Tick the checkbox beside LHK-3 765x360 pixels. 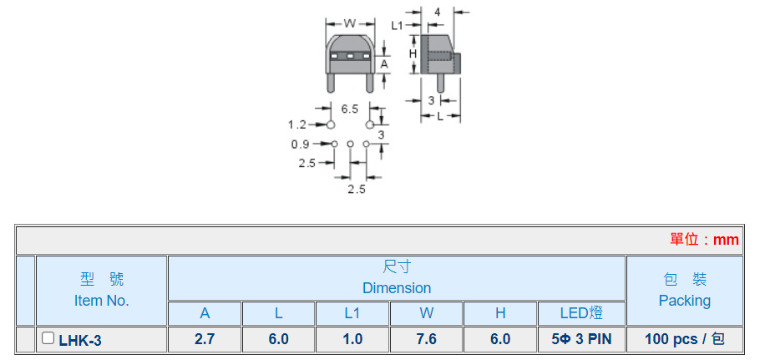click(x=48, y=338)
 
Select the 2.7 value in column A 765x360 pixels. click(x=205, y=339)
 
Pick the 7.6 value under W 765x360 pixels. click(x=426, y=339)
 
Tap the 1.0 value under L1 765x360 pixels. click(x=352, y=339)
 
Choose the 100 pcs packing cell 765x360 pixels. click(x=684, y=339)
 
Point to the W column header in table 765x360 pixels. click(x=426, y=313)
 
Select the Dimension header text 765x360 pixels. click(x=397, y=288)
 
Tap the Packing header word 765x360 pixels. click(x=684, y=301)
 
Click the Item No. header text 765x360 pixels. click(x=101, y=301)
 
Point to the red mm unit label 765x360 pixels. click(x=725, y=240)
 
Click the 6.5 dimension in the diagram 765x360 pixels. click(x=350, y=109)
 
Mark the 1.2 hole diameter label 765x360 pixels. click(x=297, y=125)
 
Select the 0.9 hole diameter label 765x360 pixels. click(x=300, y=145)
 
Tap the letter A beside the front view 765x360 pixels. click(x=384, y=63)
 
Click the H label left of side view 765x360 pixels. click(x=413, y=53)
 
